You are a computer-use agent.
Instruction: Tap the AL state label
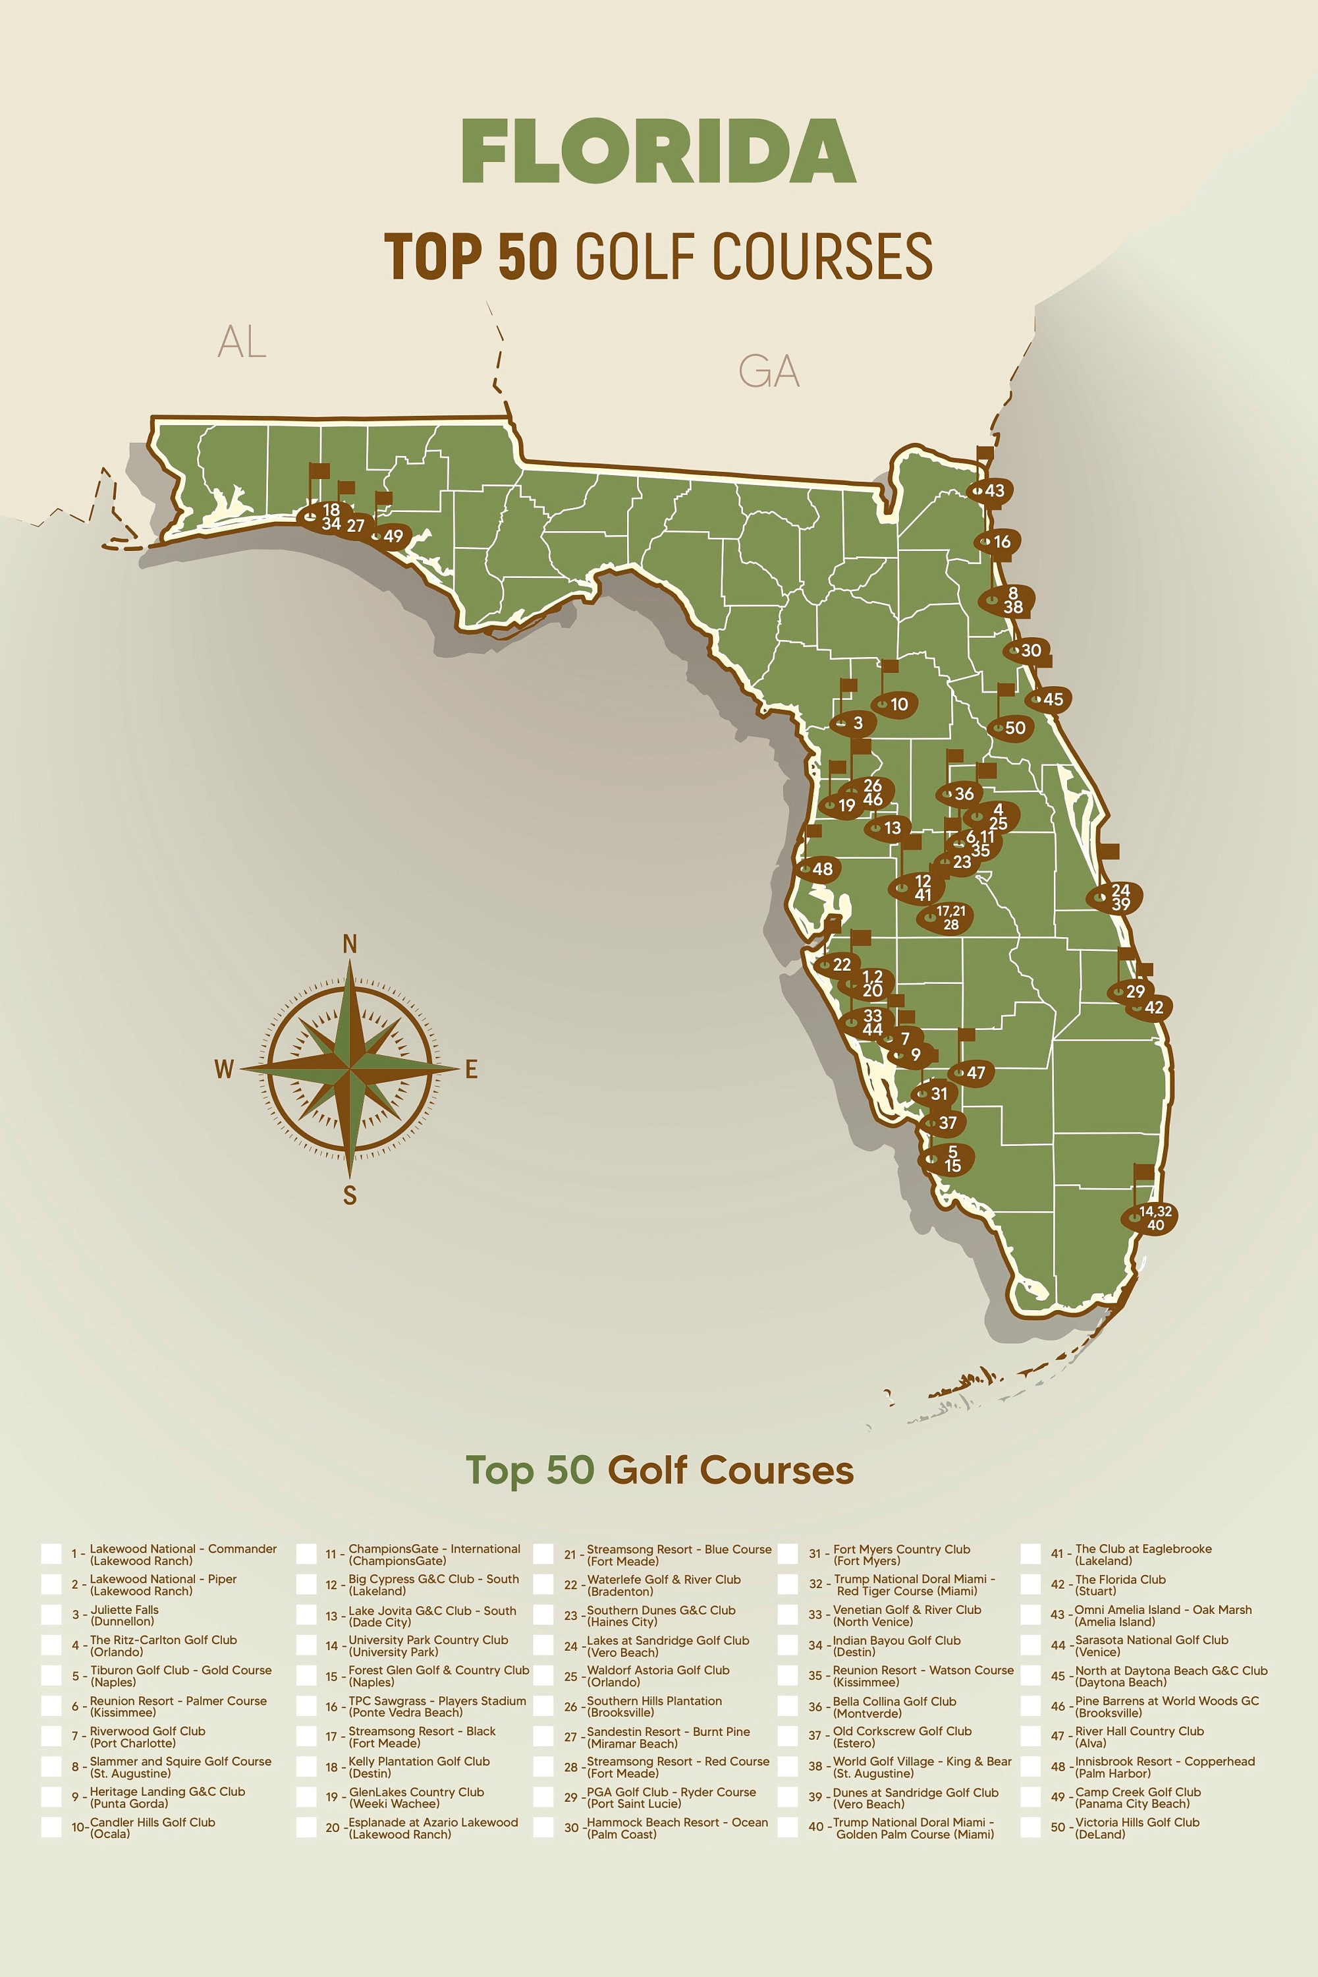242,341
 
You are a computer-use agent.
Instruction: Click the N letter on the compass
350,944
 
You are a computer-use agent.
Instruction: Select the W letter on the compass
223,1069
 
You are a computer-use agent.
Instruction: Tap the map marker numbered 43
989,490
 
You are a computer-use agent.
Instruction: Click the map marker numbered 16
998,542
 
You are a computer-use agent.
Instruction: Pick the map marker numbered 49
389,536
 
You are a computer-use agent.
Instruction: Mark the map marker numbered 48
818,869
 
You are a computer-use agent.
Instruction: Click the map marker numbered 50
1010,728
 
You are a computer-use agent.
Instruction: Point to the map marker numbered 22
837,965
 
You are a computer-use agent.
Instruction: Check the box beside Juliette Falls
52,1615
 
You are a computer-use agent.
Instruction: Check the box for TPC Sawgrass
307,1706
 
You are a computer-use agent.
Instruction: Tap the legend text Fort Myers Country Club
900,1549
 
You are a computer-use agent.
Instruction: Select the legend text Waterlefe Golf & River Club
663,1579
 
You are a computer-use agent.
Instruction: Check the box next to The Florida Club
1031,1584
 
